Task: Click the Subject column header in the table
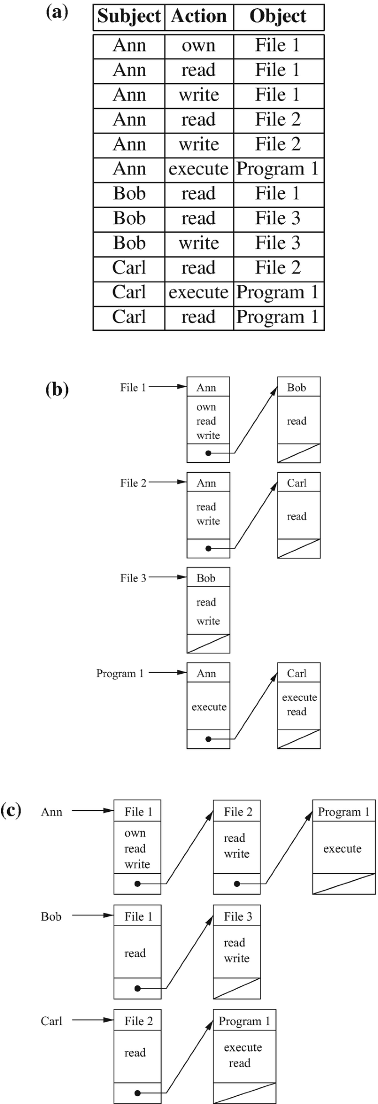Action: click(129, 17)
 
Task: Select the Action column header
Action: click(199, 17)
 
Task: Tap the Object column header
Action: click(278, 17)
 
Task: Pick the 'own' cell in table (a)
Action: click(199, 45)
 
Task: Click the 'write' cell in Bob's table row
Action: click(199, 243)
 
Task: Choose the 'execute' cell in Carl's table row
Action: click(199, 292)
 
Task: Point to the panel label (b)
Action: click(57, 389)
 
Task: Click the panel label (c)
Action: click(11, 810)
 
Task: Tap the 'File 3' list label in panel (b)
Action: click(133, 578)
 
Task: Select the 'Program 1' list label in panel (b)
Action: click(120, 673)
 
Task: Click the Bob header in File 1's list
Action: click(296, 388)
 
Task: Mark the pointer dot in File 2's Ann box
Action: click(208, 548)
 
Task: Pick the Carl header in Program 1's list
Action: click(296, 673)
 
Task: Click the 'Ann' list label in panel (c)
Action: click(51, 812)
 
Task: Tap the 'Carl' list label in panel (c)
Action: click(51, 1021)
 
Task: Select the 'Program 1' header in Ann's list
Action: click(343, 812)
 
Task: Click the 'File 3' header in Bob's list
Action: click(238, 917)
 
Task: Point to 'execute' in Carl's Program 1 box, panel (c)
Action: click(243, 1048)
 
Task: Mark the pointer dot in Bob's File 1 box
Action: click(137, 989)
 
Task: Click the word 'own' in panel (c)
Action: click(135, 833)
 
